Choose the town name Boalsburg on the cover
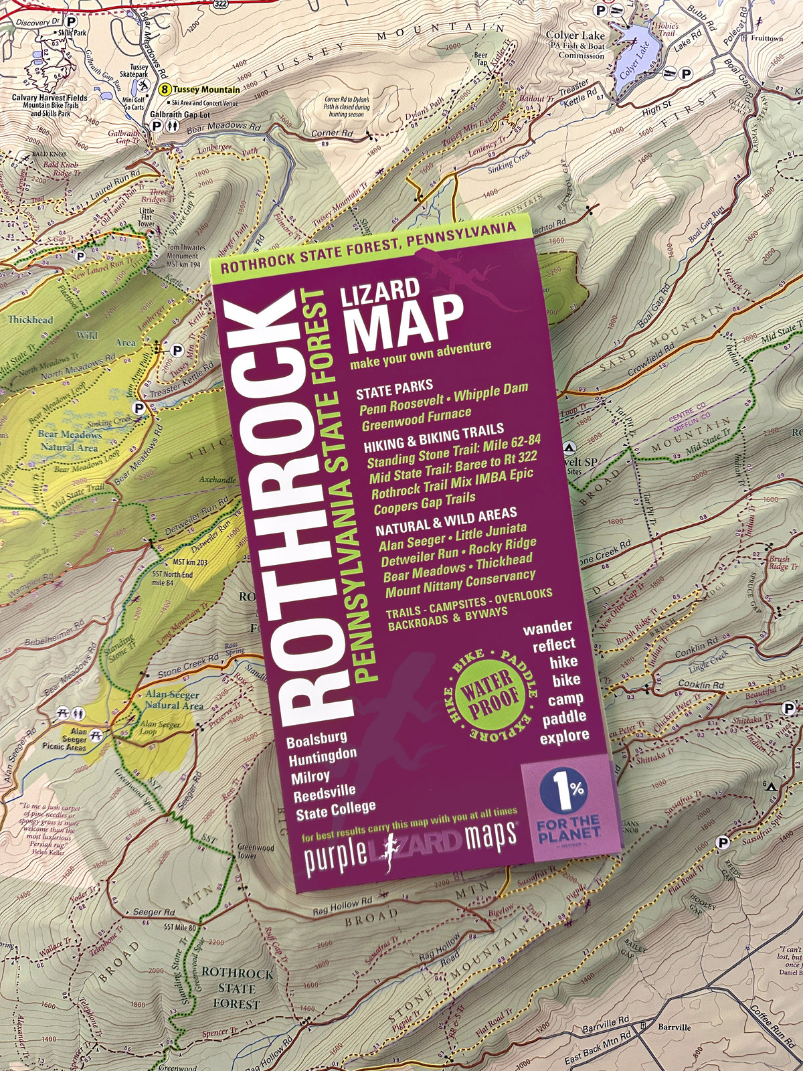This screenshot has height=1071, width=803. pyautogui.click(x=317, y=739)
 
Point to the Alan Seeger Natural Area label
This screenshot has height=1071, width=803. pyautogui.click(x=173, y=699)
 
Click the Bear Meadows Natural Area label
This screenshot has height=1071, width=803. pyautogui.click(x=70, y=440)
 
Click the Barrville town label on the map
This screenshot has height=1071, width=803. pyautogui.click(x=673, y=1027)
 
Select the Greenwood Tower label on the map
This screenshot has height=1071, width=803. pyautogui.click(x=255, y=851)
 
